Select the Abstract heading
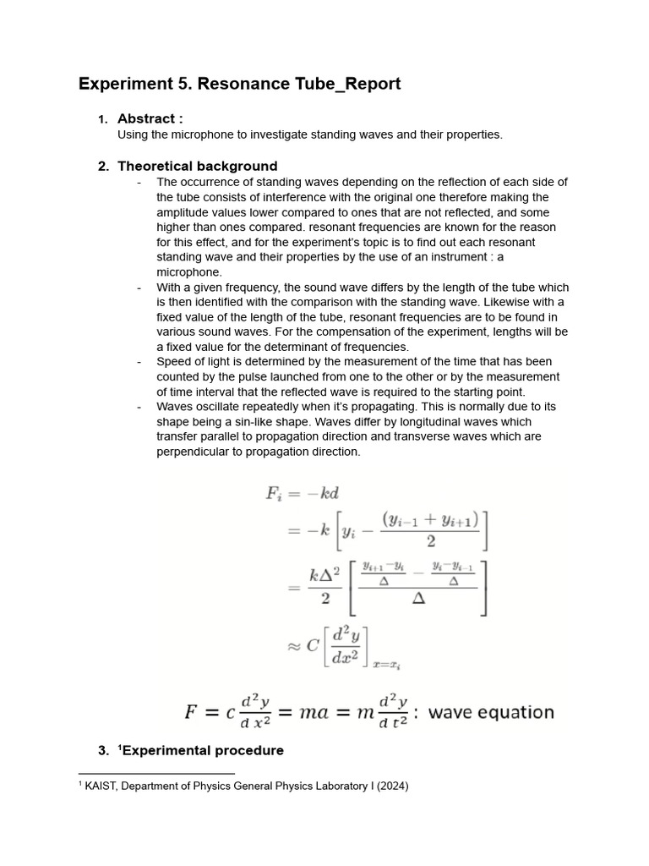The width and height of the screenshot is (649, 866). [x=150, y=119]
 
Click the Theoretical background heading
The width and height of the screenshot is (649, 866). [x=197, y=166]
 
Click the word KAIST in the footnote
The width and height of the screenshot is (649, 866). [x=103, y=787]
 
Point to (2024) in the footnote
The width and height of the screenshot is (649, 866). [x=393, y=787]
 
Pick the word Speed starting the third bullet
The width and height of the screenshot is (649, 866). [x=174, y=362]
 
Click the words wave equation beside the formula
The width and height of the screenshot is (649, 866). [x=491, y=712]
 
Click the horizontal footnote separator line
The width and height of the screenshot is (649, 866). [x=155, y=773]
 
